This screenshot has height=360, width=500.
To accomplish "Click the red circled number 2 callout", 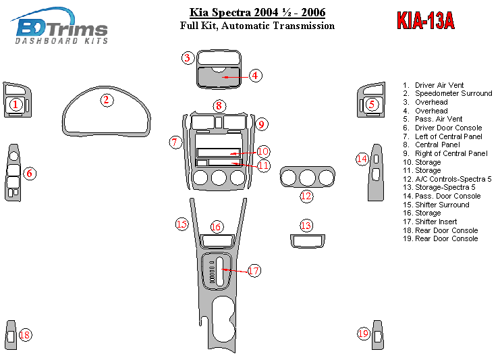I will tap(106, 101).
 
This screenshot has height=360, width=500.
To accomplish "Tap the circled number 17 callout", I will tap(254, 271).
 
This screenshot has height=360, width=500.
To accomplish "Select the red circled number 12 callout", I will tap(306, 197).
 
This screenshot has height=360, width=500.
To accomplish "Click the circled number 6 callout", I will tap(30, 174).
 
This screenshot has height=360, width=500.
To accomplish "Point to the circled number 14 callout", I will tap(362, 159).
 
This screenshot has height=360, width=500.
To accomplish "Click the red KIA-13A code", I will tap(425, 21).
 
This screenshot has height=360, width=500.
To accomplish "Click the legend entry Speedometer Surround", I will tap(448, 94).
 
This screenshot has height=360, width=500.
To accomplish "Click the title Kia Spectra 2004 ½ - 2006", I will tap(257, 13).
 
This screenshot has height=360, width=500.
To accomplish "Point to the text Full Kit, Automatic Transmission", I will tap(257, 26).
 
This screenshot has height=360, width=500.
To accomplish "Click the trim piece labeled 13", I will tap(306, 241).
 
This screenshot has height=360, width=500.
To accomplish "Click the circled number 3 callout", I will tap(188, 58).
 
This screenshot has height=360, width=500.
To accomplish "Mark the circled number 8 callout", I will tap(219, 105).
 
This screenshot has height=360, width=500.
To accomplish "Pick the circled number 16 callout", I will tap(216, 227).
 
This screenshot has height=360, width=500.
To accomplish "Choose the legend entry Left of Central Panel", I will tap(448, 136).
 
